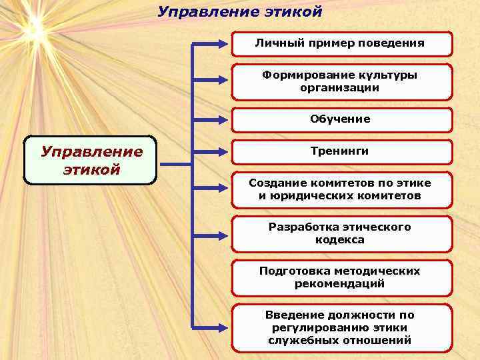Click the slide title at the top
point(240,12)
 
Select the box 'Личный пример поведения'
point(340,43)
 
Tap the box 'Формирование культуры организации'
point(340,81)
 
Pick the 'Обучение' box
point(340,119)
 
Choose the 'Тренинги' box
point(340,151)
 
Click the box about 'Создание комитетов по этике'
point(340,189)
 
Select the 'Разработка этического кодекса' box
point(340,233)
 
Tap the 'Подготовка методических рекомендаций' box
point(340,277)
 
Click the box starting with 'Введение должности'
point(340,327)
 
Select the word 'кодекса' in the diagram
point(340,240)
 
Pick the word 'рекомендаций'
point(340,284)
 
